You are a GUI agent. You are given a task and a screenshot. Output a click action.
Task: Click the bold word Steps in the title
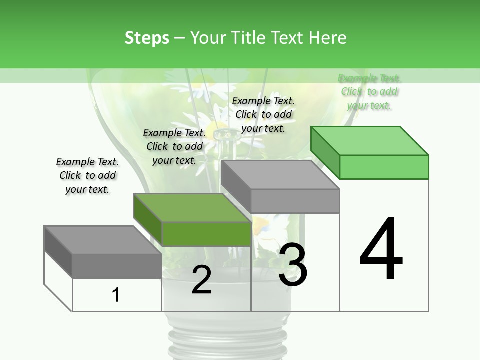click(x=147, y=38)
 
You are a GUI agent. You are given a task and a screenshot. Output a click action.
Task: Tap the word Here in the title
click(x=328, y=38)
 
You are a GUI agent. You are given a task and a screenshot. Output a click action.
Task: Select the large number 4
click(x=381, y=250)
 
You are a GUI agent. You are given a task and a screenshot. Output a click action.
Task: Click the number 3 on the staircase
click(x=293, y=265)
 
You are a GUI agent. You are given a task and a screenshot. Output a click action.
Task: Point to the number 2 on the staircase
click(x=201, y=280)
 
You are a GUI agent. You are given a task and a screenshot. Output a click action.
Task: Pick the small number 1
click(x=116, y=295)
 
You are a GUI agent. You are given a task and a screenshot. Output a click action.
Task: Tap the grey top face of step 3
click(x=280, y=175)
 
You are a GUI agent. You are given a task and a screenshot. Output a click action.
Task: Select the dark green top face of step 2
click(x=192, y=208)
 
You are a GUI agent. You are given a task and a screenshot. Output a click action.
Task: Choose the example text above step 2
click(x=174, y=146)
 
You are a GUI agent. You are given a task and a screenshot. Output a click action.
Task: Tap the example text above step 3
click(x=263, y=114)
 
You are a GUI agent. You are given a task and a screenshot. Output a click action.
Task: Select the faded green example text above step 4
click(x=369, y=91)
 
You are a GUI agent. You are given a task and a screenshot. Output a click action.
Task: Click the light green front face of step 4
click(x=384, y=167)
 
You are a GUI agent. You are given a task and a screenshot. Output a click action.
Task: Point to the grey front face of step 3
click(x=295, y=201)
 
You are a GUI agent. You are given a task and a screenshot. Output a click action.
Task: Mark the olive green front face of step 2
click(x=206, y=234)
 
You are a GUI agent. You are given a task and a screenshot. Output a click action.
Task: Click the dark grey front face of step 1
click(x=117, y=266)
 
